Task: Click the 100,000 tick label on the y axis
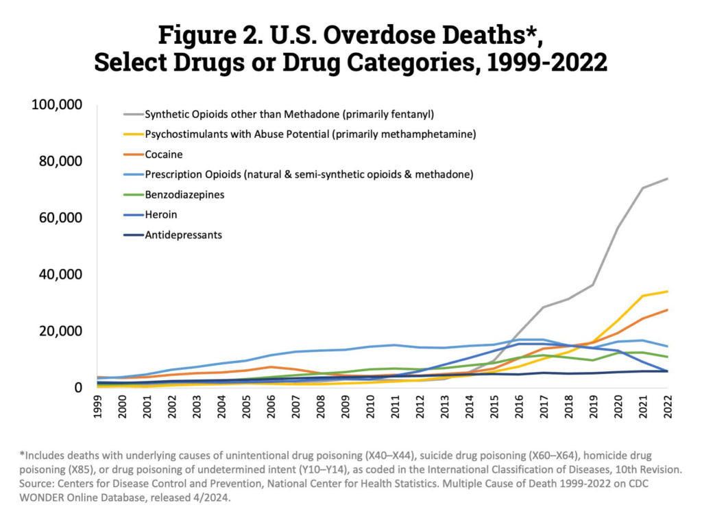point(58,105)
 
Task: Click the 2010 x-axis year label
point(371,409)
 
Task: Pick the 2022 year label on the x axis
point(667,409)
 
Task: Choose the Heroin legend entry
point(160,215)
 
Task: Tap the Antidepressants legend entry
point(183,235)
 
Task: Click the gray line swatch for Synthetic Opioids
point(132,114)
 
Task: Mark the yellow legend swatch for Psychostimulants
point(132,134)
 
